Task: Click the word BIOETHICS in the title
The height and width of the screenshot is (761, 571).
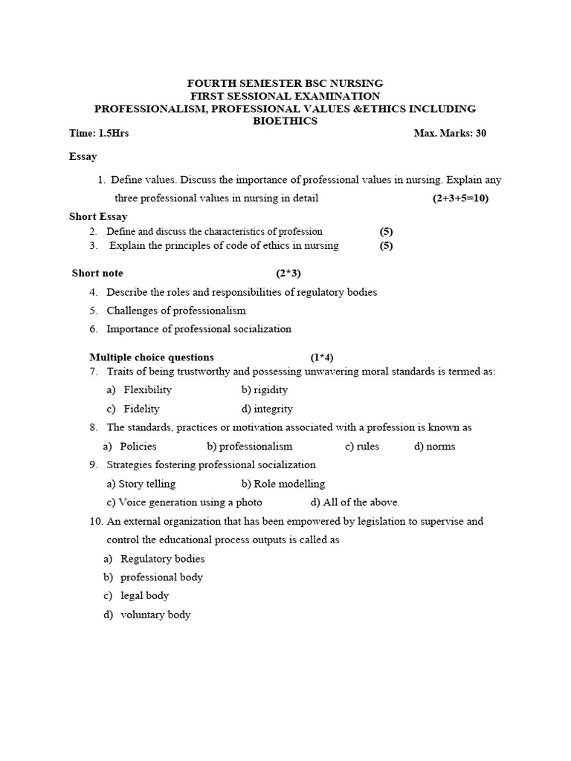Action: point(285,121)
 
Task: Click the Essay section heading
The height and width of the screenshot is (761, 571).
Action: point(83,157)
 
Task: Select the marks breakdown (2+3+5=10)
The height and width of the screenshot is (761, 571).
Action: point(460,198)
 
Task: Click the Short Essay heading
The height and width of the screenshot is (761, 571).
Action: point(98,216)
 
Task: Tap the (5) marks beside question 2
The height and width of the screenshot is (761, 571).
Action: point(386,231)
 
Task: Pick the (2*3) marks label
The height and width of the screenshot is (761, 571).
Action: point(288,273)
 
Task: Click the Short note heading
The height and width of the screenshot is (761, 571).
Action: point(97,273)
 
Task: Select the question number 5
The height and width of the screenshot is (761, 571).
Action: point(94,311)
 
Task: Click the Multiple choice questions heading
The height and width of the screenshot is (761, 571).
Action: point(152,357)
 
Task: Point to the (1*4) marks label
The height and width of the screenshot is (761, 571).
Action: point(322,357)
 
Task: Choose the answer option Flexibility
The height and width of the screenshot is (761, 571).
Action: point(147,389)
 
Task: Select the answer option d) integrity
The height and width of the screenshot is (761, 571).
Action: point(268,409)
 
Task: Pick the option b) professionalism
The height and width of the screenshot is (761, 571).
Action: point(250,447)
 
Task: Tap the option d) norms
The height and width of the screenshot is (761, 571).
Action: point(435,447)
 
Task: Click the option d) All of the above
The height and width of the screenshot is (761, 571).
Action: point(354,502)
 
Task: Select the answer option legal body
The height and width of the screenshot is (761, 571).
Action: point(144,595)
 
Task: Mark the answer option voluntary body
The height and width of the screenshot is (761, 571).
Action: point(155,615)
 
